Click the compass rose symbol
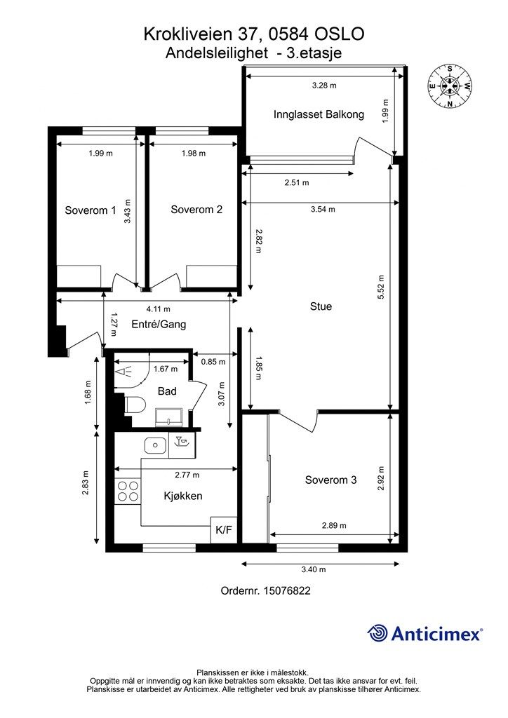[450, 86]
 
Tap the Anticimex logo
[425, 634]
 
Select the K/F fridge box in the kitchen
[224, 530]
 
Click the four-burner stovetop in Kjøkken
[128, 491]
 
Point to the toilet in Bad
[135, 405]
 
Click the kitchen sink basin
[156, 445]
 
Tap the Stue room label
[321, 306]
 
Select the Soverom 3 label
[330, 480]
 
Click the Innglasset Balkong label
[319, 114]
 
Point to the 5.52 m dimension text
[381, 287]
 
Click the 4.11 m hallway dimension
[158, 309]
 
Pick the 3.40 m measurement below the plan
[314, 569]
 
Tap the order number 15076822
[287, 590]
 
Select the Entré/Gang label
[159, 324]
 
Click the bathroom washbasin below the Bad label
[171, 416]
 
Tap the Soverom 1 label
[91, 210]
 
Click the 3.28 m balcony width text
[324, 85]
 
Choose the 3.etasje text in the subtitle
[314, 53]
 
